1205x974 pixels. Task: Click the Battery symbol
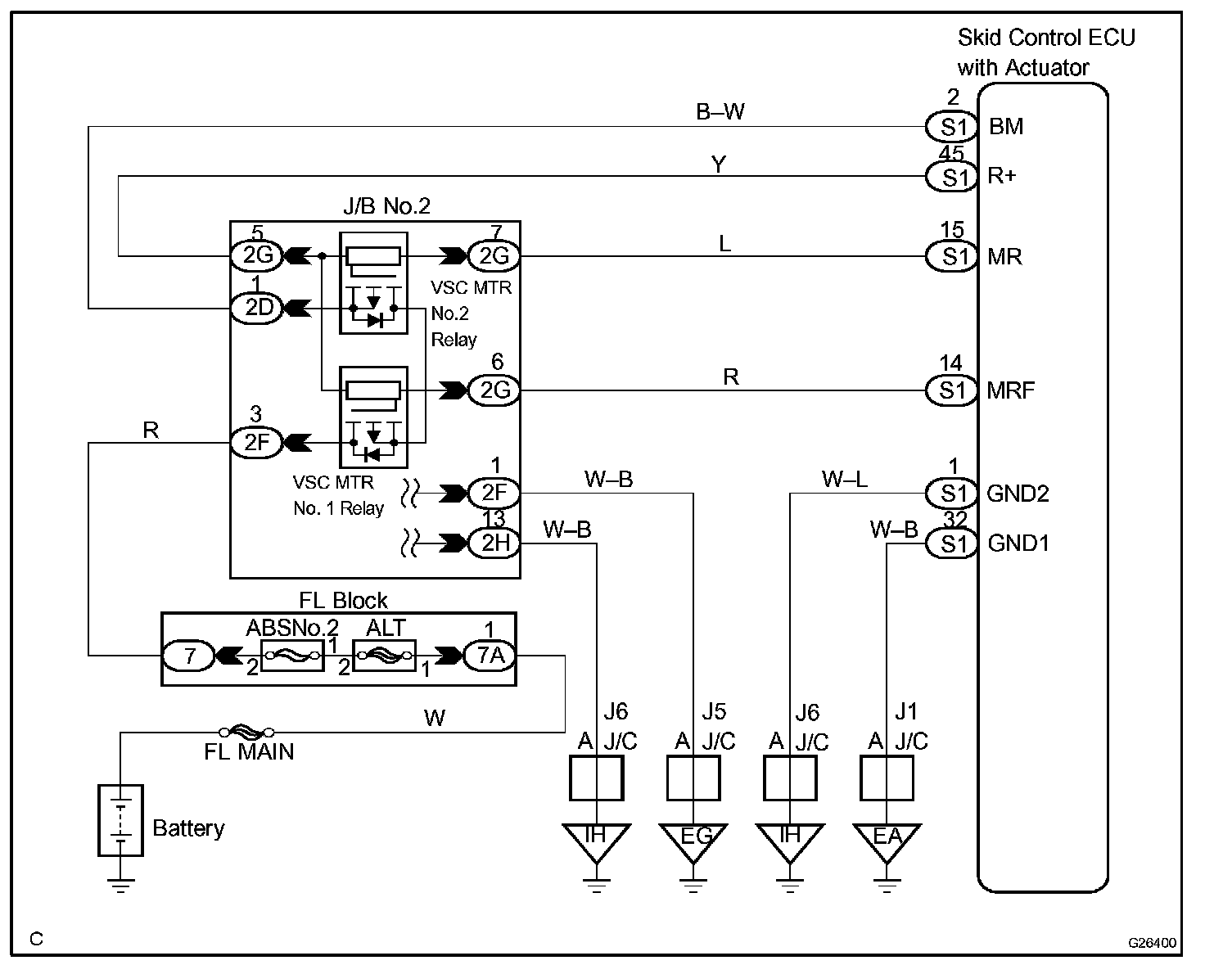click(120, 820)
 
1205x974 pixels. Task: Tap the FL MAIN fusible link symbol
click(246, 732)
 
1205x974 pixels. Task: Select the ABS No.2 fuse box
click(292, 656)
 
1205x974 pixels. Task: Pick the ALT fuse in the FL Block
click(384, 656)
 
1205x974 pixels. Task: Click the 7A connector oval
click(490, 656)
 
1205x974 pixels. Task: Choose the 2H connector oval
click(494, 543)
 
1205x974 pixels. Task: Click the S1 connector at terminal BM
click(951, 127)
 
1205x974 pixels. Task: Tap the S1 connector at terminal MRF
click(951, 390)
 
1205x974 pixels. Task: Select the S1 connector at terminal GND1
click(951, 544)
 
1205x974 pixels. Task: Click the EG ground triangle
click(693, 841)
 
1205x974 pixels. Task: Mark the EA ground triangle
click(887, 841)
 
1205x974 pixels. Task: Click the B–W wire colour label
click(720, 112)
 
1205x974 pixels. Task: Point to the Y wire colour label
click(718, 165)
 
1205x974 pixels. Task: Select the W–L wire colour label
click(844, 480)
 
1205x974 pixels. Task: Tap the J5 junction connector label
click(714, 711)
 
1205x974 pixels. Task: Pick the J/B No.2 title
click(386, 205)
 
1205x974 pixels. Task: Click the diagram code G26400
click(1153, 943)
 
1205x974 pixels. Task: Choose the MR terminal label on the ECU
click(1005, 257)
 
